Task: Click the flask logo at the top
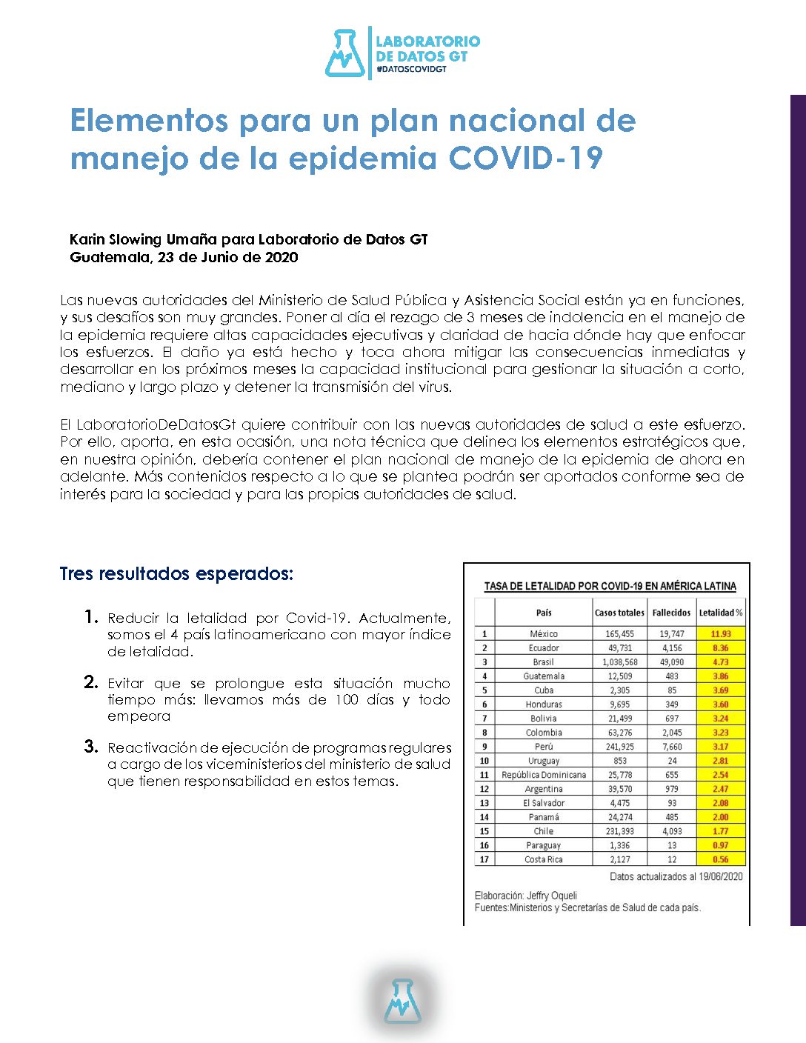coord(344,53)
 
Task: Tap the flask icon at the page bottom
coord(402,1001)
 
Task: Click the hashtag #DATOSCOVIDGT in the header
coord(411,69)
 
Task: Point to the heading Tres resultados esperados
coord(176,574)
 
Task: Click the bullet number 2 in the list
coord(91,682)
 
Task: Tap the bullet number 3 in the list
coord(91,747)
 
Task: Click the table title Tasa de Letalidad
coord(610,586)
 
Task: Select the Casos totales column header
coord(619,613)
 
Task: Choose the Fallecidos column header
coord(671,613)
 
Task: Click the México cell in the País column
coord(544,634)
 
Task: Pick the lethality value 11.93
coord(720,634)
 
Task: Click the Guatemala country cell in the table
coord(544,676)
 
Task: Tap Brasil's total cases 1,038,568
coord(619,662)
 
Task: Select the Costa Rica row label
coord(544,859)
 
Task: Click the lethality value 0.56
coord(720,859)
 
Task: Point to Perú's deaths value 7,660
coord(671,747)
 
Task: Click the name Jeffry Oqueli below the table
coord(552,896)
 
